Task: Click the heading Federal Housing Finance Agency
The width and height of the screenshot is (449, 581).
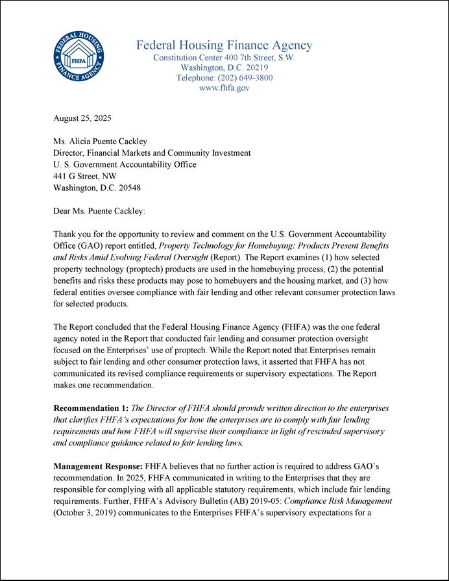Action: (224, 45)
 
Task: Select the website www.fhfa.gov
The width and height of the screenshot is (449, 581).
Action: (224, 88)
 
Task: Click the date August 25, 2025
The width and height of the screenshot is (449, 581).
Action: (82, 118)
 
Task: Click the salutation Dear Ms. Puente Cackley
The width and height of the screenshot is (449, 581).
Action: (99, 211)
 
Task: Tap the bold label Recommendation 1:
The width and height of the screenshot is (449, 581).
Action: (91, 408)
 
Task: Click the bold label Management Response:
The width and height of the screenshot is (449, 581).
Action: (98, 467)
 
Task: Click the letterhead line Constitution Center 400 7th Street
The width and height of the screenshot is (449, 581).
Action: (224, 57)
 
